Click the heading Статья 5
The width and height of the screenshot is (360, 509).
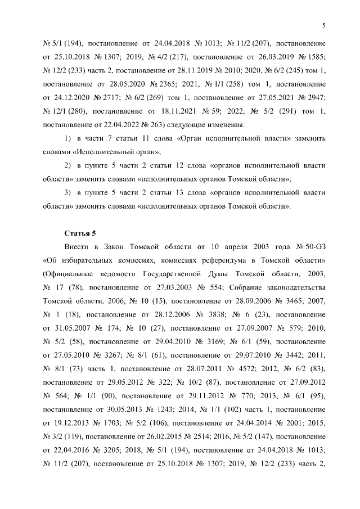(x=79, y=232)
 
